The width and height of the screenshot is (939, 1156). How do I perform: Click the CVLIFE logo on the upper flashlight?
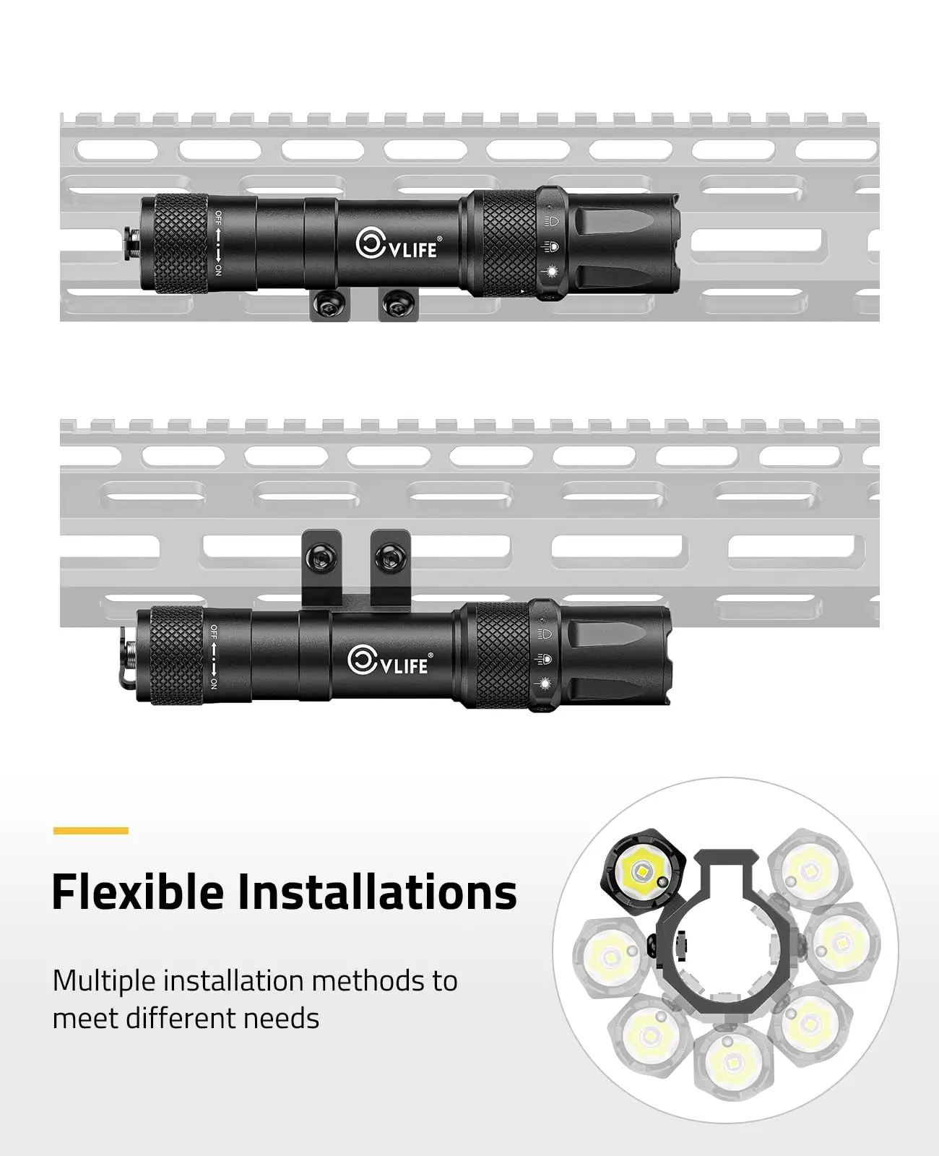point(397,245)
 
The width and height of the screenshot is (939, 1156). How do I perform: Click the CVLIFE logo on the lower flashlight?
point(390,660)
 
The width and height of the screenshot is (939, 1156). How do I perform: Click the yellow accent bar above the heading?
point(90,831)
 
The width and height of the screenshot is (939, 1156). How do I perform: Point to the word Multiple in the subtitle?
point(104,981)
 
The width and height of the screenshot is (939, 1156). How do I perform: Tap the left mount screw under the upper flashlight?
point(330,306)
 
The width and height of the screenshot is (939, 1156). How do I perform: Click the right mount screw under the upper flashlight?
point(397,306)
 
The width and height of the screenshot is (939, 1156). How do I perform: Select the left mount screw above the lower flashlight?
point(322,557)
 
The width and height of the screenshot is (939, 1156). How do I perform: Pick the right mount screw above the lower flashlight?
point(391,557)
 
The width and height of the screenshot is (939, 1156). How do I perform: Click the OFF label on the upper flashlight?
point(218,217)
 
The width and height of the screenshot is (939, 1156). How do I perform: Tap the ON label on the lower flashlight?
point(214,683)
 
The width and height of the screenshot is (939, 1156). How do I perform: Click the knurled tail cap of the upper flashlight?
point(181,243)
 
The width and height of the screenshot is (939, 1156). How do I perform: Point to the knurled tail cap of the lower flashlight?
point(177,655)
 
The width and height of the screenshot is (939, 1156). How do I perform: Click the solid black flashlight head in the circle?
point(644,873)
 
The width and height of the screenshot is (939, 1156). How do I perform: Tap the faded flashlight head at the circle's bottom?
point(735,1061)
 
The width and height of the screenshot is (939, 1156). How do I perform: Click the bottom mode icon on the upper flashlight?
point(551,271)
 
